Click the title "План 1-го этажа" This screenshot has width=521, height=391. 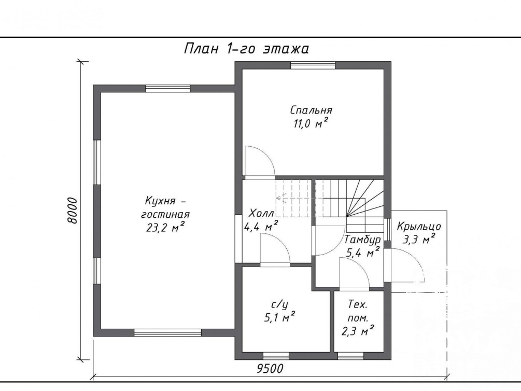246,49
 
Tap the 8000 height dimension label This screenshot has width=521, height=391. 72,211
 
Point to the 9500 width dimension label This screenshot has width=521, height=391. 270,368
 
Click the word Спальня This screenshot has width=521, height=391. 311,110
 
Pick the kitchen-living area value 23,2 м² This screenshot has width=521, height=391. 165,228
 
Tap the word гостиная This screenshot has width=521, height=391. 165,215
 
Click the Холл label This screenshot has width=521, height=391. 261,213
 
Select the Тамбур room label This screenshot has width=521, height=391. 362,240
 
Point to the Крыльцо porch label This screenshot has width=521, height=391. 419,226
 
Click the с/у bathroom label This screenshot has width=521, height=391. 279,304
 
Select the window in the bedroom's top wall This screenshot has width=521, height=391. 313,65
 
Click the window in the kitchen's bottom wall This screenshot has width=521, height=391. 168,332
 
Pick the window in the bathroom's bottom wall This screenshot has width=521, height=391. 276,356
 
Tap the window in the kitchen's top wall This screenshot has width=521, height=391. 168,89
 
